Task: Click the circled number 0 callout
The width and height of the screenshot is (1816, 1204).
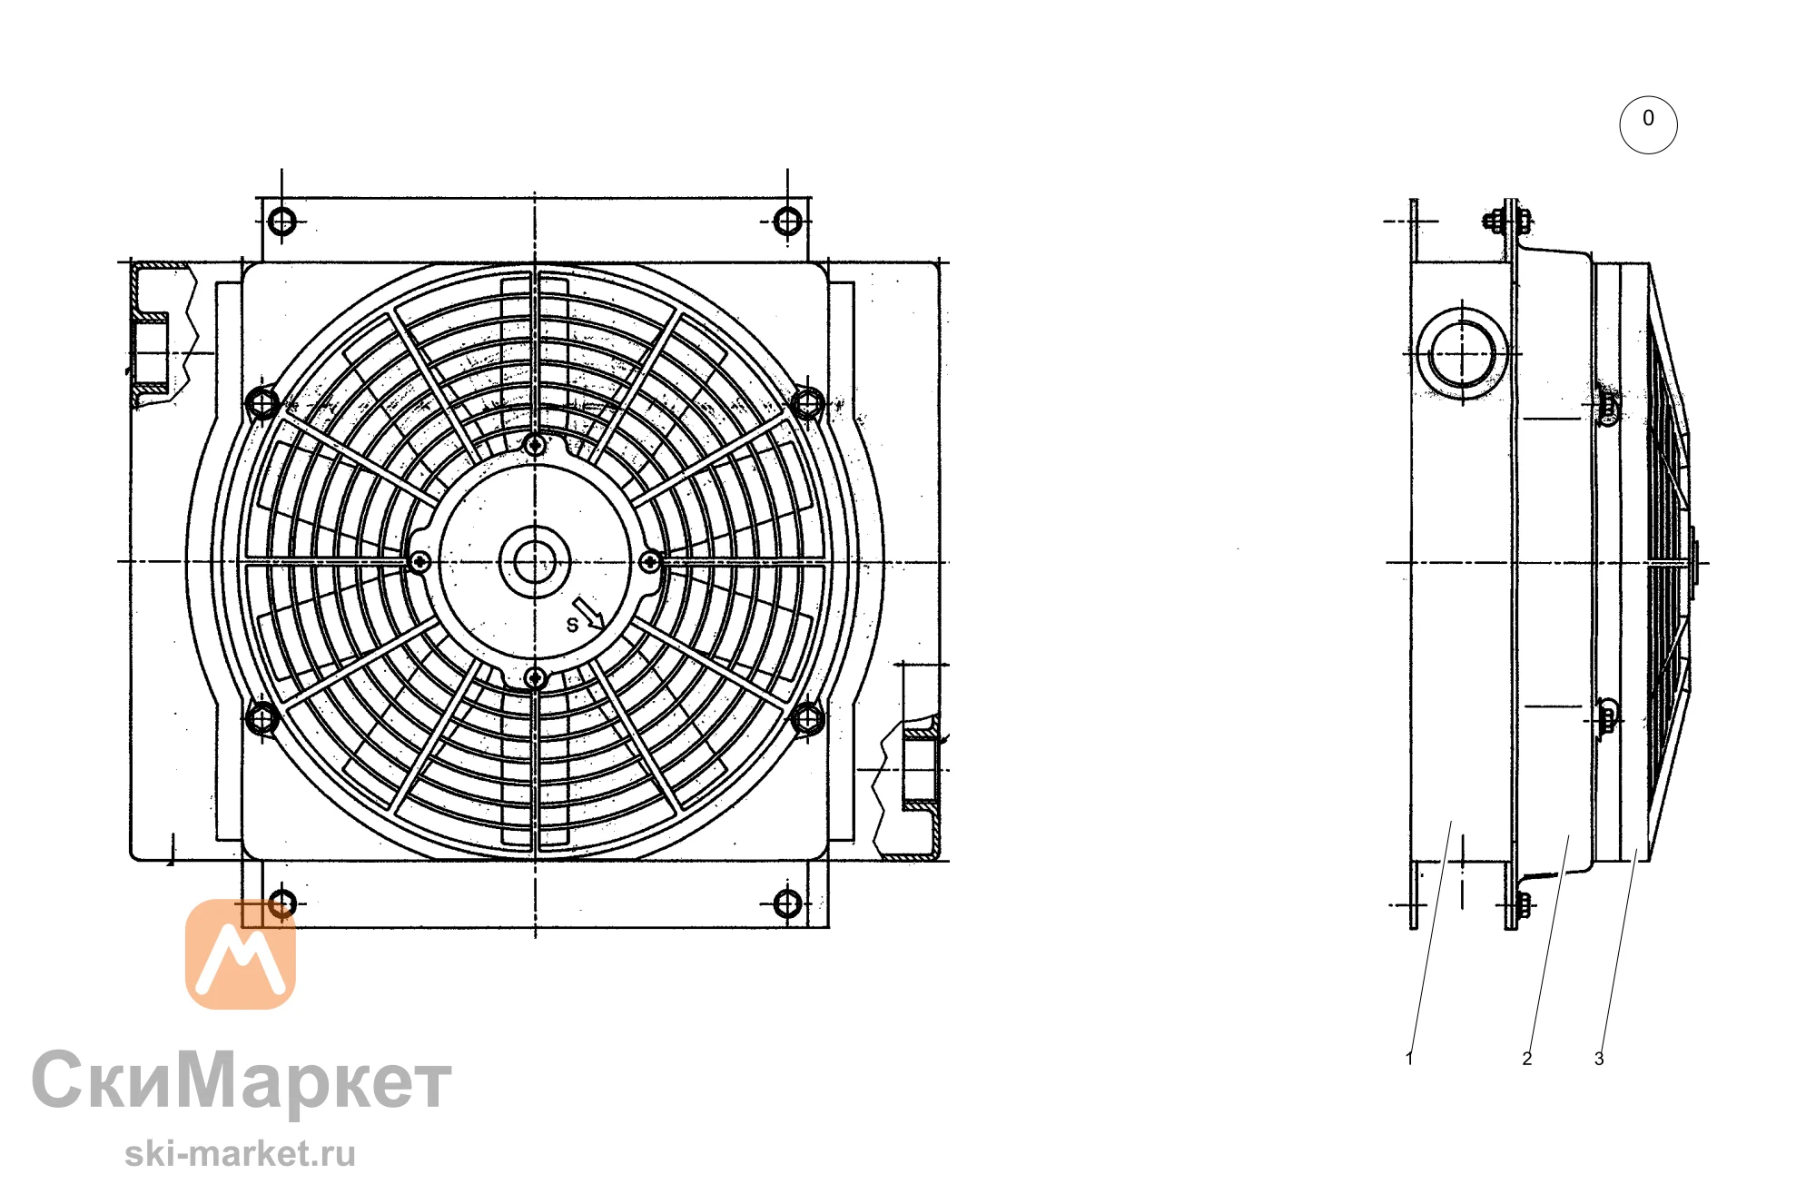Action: [1648, 124]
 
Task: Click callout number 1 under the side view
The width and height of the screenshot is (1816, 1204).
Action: [1409, 1059]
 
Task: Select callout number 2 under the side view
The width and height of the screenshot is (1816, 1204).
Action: [1527, 1059]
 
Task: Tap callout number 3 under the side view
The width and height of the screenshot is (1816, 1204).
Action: [1599, 1059]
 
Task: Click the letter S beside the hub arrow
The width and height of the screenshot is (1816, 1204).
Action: [572, 625]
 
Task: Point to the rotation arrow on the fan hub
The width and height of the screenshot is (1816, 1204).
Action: [588, 614]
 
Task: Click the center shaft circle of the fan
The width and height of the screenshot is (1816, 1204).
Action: [535, 562]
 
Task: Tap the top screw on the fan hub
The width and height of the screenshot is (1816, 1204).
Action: [535, 445]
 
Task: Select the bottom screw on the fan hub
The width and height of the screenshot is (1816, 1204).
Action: [535, 678]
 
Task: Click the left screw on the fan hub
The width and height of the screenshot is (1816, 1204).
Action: [419, 563]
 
